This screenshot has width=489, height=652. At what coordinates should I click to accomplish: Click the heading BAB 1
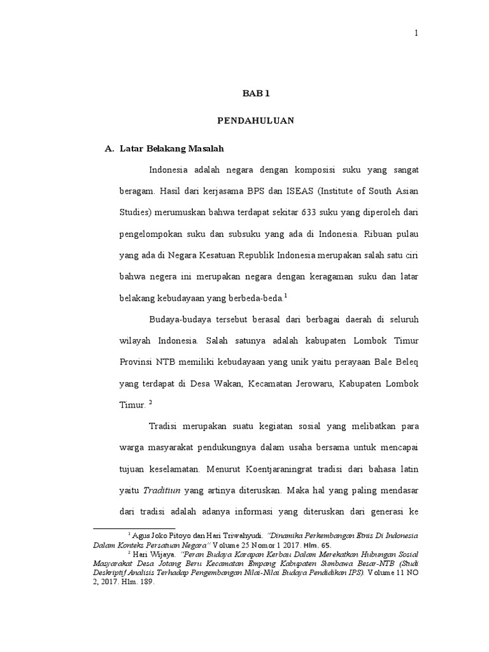[x=256, y=94]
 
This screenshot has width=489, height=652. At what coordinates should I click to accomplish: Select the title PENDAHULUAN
[x=255, y=121]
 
